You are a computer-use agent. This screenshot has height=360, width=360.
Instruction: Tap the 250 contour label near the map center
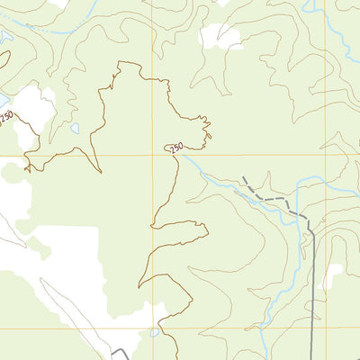pos(175,147)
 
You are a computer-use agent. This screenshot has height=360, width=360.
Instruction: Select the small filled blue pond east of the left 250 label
pos(75,129)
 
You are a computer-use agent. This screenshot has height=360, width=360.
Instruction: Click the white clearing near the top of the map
pos(221,37)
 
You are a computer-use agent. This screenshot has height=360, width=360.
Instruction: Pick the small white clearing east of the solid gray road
pos(334,275)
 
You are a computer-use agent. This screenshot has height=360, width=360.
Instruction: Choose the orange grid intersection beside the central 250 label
pos(152,155)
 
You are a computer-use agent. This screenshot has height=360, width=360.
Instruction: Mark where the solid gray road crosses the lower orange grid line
pos(312,328)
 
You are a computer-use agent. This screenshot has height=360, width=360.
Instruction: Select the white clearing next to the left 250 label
pos(32,108)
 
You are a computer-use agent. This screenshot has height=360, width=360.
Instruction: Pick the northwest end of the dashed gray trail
pos(243,178)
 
